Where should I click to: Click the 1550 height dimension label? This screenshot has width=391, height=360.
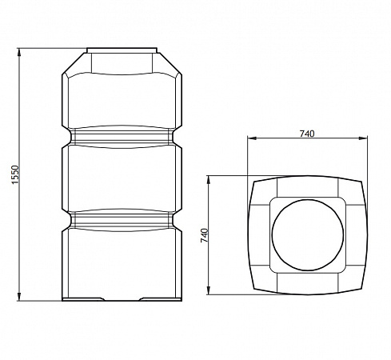point(16,174)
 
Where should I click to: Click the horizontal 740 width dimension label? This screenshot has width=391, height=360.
point(307,134)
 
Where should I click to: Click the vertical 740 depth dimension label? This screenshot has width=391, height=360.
point(205,235)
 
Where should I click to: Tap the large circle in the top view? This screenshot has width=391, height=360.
point(308,199)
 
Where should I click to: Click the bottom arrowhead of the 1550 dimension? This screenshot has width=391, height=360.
point(19,297)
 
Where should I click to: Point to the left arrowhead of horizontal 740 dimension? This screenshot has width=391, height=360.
point(252,138)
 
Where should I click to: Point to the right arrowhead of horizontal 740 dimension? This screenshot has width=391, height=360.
point(363,138)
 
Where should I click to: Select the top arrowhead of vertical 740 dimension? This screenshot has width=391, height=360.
point(209,180)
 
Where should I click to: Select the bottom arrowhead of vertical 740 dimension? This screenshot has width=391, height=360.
point(209,290)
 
